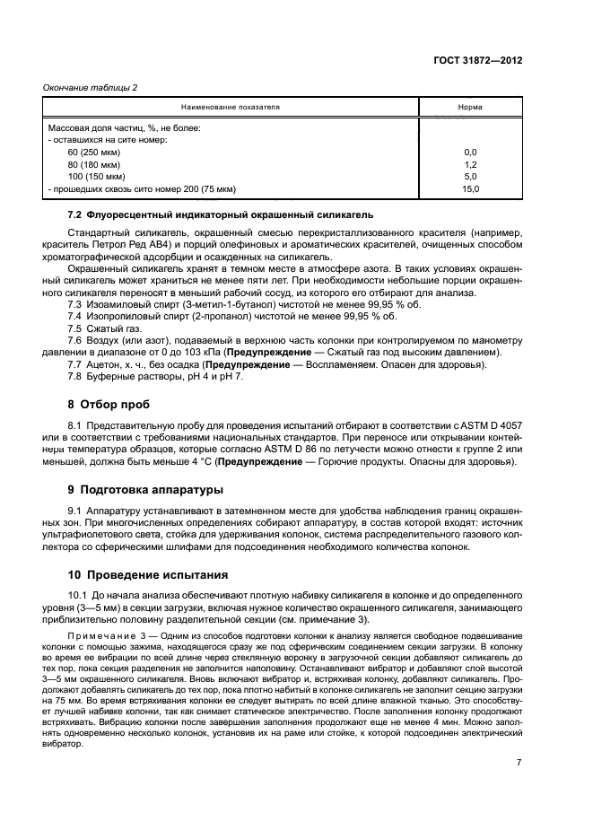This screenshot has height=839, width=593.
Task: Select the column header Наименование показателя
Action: (234, 107)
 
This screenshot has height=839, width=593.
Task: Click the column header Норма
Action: (469, 107)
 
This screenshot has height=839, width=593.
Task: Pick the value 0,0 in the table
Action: (469, 153)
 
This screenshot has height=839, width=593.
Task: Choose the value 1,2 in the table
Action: (469, 165)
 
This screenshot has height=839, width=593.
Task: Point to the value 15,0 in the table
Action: (469, 189)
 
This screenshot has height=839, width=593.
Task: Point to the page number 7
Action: (519, 762)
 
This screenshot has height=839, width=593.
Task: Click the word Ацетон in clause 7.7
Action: (104, 364)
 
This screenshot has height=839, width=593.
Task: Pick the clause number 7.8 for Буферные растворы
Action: (75, 376)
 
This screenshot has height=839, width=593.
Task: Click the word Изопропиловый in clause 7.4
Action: (122, 317)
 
